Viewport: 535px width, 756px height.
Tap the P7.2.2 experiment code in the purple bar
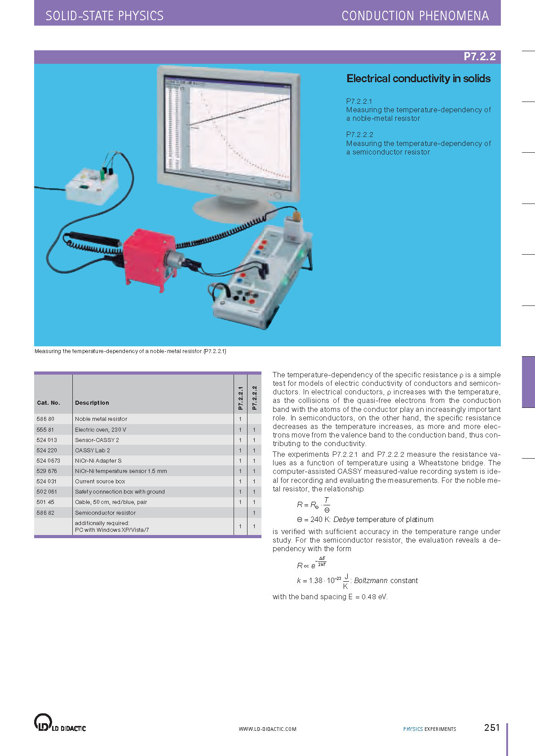tap(479, 57)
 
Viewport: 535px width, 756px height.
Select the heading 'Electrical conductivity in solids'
tap(418, 79)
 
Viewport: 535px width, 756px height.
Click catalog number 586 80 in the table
tap(45, 419)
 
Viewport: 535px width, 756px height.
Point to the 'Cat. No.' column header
tap(49, 403)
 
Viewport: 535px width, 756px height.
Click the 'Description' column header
tap(92, 403)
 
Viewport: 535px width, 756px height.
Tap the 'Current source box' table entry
tap(100, 482)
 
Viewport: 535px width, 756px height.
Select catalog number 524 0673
tap(48, 461)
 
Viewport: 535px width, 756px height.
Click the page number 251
tap(492, 728)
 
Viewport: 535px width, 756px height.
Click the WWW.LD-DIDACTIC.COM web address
tap(267, 729)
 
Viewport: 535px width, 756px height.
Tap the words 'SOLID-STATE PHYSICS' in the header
tap(105, 16)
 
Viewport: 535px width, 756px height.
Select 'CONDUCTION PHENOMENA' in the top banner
tap(415, 16)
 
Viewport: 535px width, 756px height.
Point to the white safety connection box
tap(92, 185)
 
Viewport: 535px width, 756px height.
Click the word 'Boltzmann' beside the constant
tap(371, 581)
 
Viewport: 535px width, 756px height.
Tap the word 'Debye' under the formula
tap(344, 520)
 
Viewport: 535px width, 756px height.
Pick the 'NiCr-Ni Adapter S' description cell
tap(98, 461)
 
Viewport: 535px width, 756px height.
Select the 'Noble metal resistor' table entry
tap(101, 419)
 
